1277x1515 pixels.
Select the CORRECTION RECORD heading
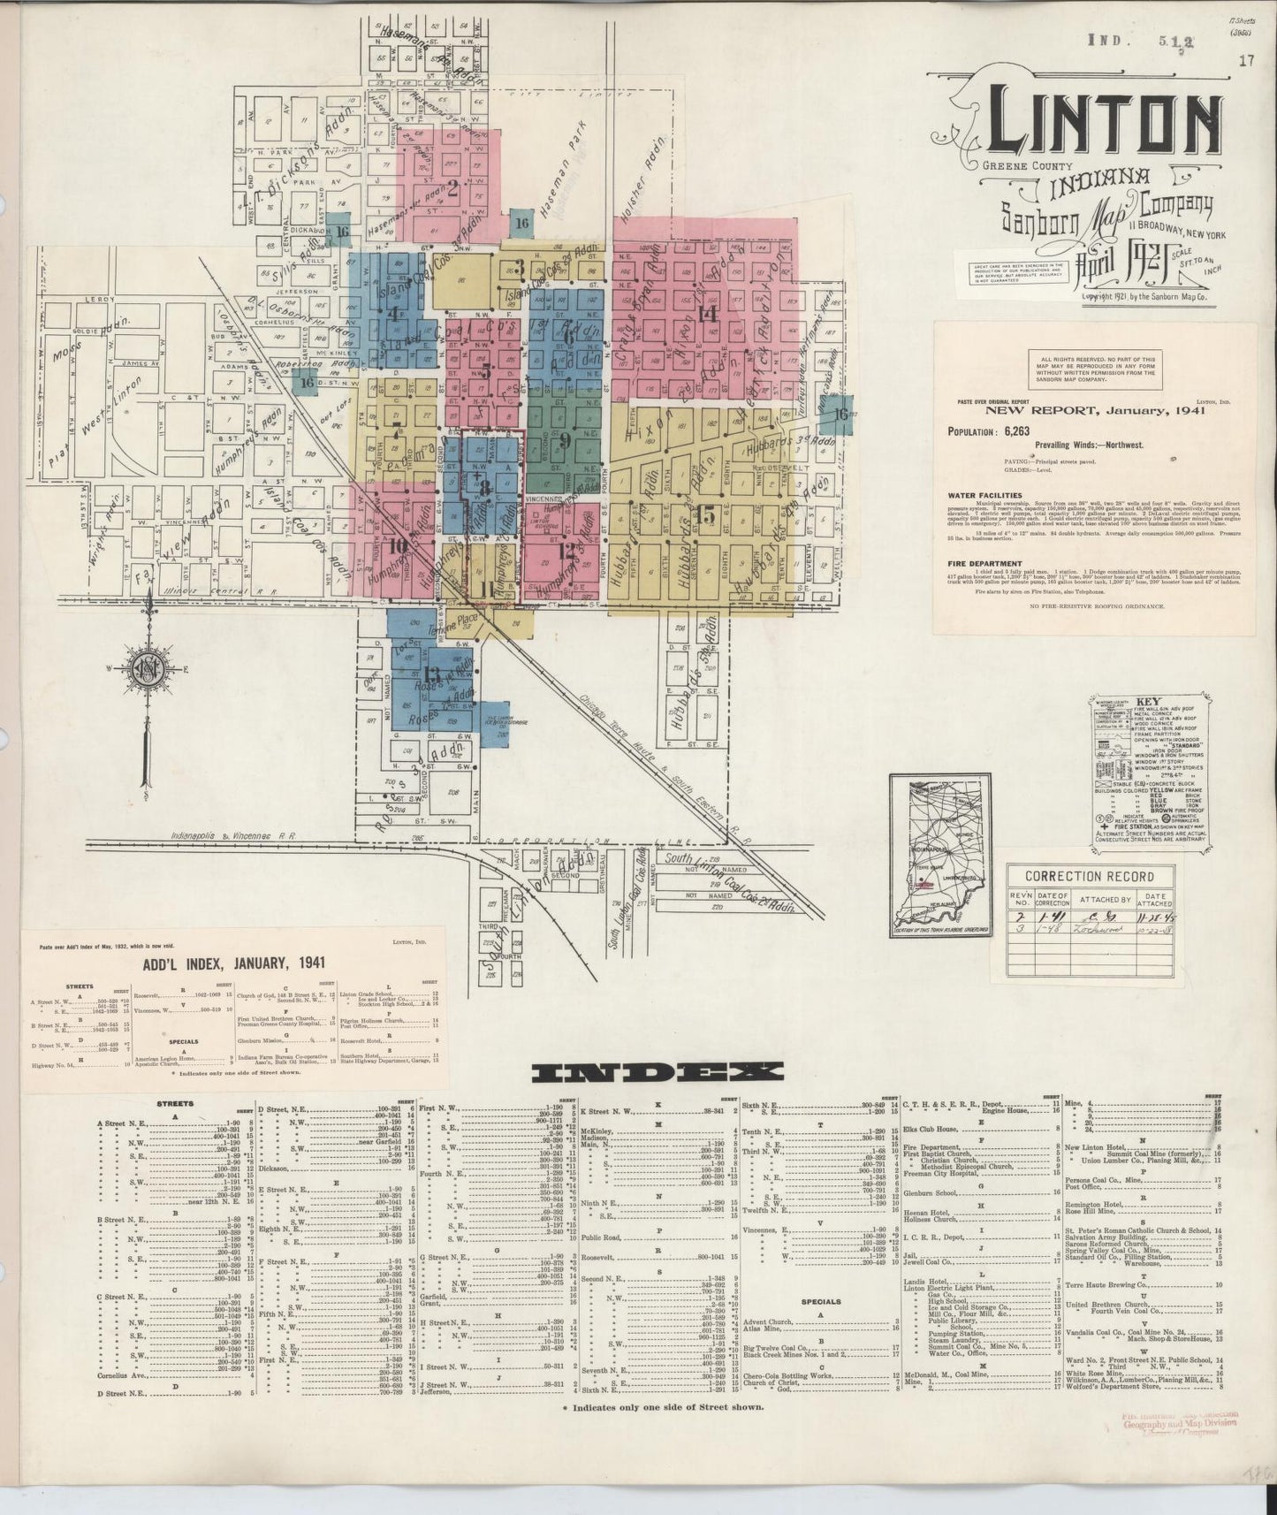1089,876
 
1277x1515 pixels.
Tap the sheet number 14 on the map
707,313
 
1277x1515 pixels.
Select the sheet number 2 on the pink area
452,187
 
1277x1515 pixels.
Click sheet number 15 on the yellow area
704,514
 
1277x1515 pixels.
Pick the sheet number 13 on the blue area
407,678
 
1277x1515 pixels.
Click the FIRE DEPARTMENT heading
984,564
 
